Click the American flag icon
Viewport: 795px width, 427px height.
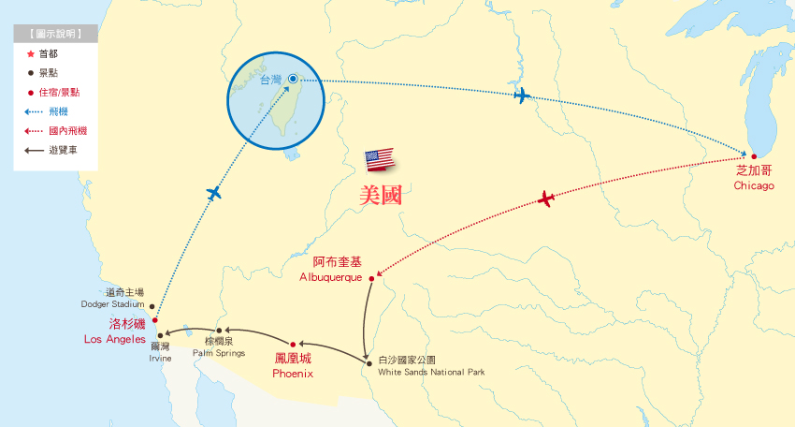(380, 159)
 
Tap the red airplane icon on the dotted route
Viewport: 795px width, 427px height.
(546, 199)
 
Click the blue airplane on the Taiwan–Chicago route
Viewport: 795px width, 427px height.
(522, 96)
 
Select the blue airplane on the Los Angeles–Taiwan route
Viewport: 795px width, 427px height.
(214, 194)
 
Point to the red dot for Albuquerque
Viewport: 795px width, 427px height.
(371, 278)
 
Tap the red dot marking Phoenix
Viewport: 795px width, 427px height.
(292, 344)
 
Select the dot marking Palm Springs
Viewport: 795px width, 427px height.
(219, 331)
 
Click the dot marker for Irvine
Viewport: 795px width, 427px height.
(161, 334)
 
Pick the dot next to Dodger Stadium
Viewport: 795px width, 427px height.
(152, 304)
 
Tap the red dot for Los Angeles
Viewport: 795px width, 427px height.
(155, 321)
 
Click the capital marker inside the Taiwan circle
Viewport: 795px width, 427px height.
(293, 80)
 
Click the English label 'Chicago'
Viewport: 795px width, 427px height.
(754, 185)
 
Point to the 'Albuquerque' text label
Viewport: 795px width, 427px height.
(330, 278)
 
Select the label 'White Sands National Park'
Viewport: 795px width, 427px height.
(431, 372)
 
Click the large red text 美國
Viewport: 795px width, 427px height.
(387, 195)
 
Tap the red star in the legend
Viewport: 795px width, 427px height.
(31, 54)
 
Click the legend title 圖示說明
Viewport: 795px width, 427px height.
(55, 34)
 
